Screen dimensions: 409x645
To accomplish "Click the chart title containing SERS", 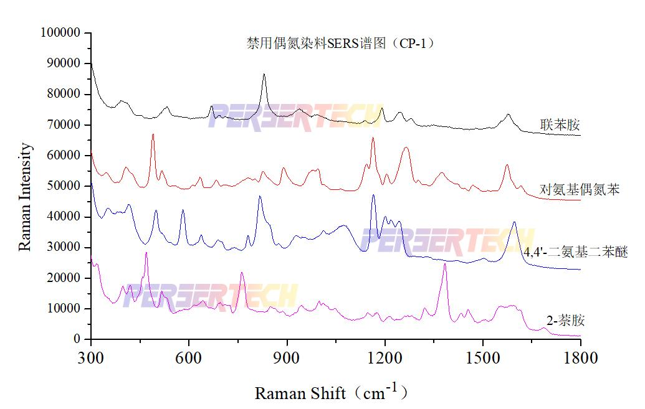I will [340, 44].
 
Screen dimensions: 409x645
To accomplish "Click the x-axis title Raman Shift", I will [331, 392].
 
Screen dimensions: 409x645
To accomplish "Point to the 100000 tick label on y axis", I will [60, 32].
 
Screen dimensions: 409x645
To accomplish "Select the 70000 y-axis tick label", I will [64, 125].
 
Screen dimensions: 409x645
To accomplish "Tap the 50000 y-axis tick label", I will [64, 186].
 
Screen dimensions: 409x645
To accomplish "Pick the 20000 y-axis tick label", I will [64, 278].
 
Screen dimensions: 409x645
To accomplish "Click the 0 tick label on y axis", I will [77, 339].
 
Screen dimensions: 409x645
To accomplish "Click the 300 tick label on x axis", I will [91, 357].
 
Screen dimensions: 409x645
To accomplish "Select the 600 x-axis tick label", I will [189, 357].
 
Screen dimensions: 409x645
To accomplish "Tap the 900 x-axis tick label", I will [287, 357].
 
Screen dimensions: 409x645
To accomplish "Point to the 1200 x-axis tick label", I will [385, 357].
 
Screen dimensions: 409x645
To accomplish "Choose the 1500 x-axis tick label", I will [482, 357].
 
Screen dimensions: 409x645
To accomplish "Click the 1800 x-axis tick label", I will [580, 357].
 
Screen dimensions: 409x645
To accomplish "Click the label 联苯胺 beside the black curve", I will [560, 126].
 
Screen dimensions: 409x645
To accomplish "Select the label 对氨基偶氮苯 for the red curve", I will [580, 190].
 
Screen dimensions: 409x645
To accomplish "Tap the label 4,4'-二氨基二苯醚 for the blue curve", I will [575, 252].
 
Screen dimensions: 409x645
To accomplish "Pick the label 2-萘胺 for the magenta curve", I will [565, 321].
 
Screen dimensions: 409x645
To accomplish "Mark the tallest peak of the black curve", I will [264, 75].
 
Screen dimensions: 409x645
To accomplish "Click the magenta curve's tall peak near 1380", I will [445, 265].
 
